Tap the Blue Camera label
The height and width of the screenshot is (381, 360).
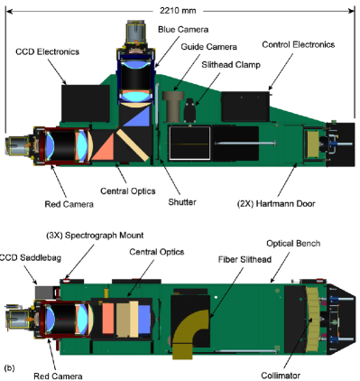click(180, 29)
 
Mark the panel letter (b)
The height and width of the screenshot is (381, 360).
click(10, 368)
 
